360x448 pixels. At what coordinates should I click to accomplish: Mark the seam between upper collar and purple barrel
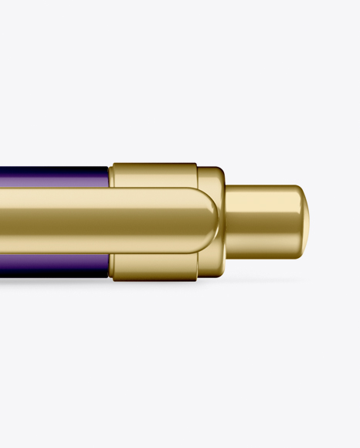pos(110,177)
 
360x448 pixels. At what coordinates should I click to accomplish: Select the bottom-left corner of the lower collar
pos(114,277)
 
